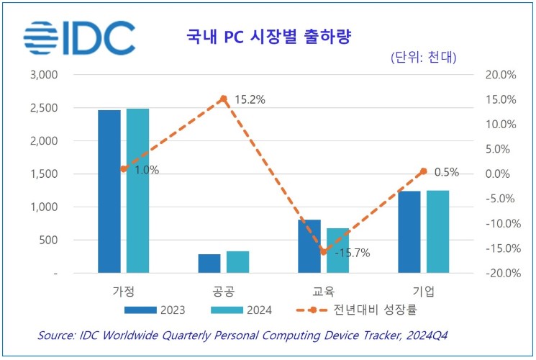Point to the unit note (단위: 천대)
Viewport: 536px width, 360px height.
click(x=423, y=57)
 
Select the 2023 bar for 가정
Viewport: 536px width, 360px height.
click(x=109, y=192)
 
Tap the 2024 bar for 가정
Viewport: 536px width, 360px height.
click(x=137, y=191)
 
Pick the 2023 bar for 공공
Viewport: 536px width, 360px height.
click(x=209, y=264)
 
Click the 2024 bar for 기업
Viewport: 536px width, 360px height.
click(x=437, y=232)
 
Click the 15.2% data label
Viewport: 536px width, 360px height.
click(x=249, y=100)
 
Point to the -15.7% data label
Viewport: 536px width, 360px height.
click(x=353, y=253)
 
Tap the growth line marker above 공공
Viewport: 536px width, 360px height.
click(x=224, y=99)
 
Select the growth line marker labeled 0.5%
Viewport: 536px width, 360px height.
click(x=424, y=171)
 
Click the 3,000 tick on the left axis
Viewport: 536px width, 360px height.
click(x=45, y=75)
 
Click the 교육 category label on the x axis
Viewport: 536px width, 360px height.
click(x=324, y=292)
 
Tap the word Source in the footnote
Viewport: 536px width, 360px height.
click(x=58, y=335)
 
